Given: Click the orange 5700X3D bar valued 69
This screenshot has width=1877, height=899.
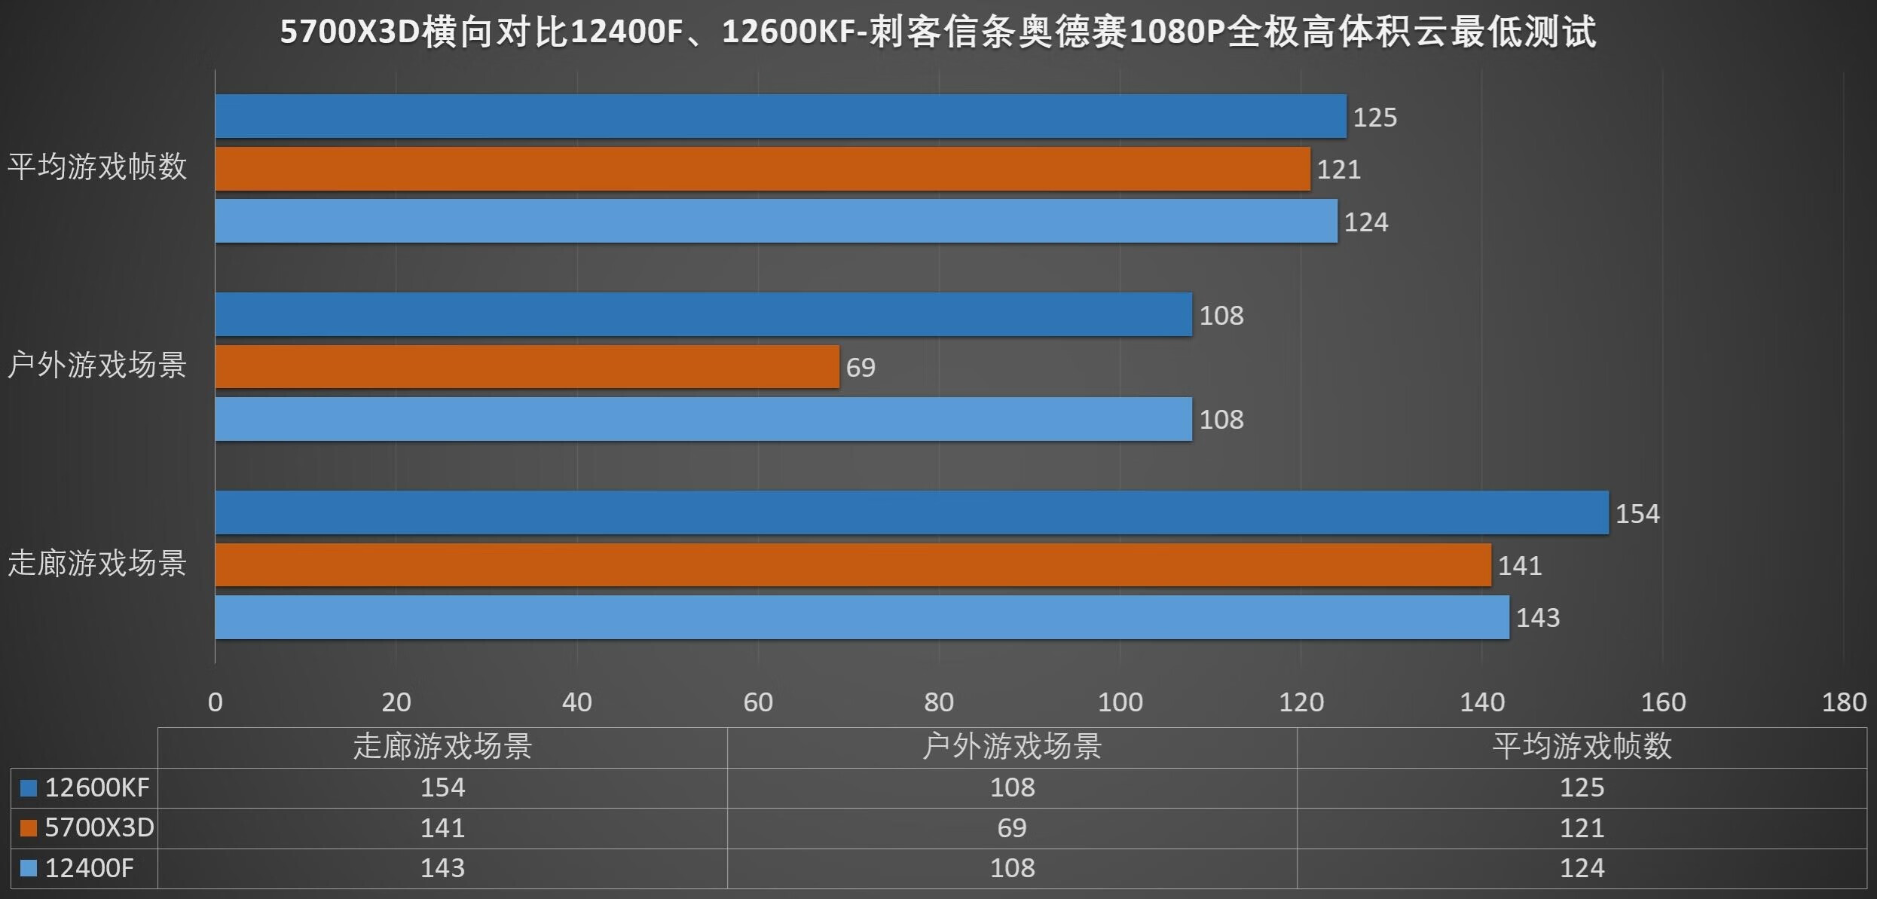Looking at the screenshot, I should (527, 367).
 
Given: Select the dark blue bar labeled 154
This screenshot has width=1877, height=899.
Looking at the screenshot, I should (911, 512).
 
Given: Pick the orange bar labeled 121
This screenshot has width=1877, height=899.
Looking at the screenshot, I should (762, 169).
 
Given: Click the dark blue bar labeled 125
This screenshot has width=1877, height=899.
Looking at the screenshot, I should (780, 116).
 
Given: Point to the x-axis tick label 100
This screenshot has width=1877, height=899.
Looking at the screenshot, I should (1120, 702).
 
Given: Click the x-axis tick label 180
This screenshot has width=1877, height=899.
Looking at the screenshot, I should (1843, 702).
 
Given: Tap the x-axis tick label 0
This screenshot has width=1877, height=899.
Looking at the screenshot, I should (216, 702).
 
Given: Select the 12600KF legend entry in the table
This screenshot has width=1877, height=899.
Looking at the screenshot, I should (85, 787).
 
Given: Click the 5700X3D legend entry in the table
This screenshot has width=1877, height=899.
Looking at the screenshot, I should (87, 828).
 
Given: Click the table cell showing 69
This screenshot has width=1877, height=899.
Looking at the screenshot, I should (1011, 828).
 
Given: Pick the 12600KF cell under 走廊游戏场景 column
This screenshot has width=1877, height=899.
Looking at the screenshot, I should (442, 787).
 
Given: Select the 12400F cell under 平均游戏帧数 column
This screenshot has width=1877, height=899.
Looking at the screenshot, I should (1581, 868).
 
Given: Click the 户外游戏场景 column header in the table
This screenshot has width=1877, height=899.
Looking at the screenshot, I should (1011, 747).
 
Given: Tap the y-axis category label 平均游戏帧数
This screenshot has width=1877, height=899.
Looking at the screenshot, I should (97, 167).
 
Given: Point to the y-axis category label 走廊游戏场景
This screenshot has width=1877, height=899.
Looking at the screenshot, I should (97, 563).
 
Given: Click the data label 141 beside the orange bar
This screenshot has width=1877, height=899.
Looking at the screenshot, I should (1519, 565).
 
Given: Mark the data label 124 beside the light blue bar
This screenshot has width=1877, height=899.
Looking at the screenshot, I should (1365, 222).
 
